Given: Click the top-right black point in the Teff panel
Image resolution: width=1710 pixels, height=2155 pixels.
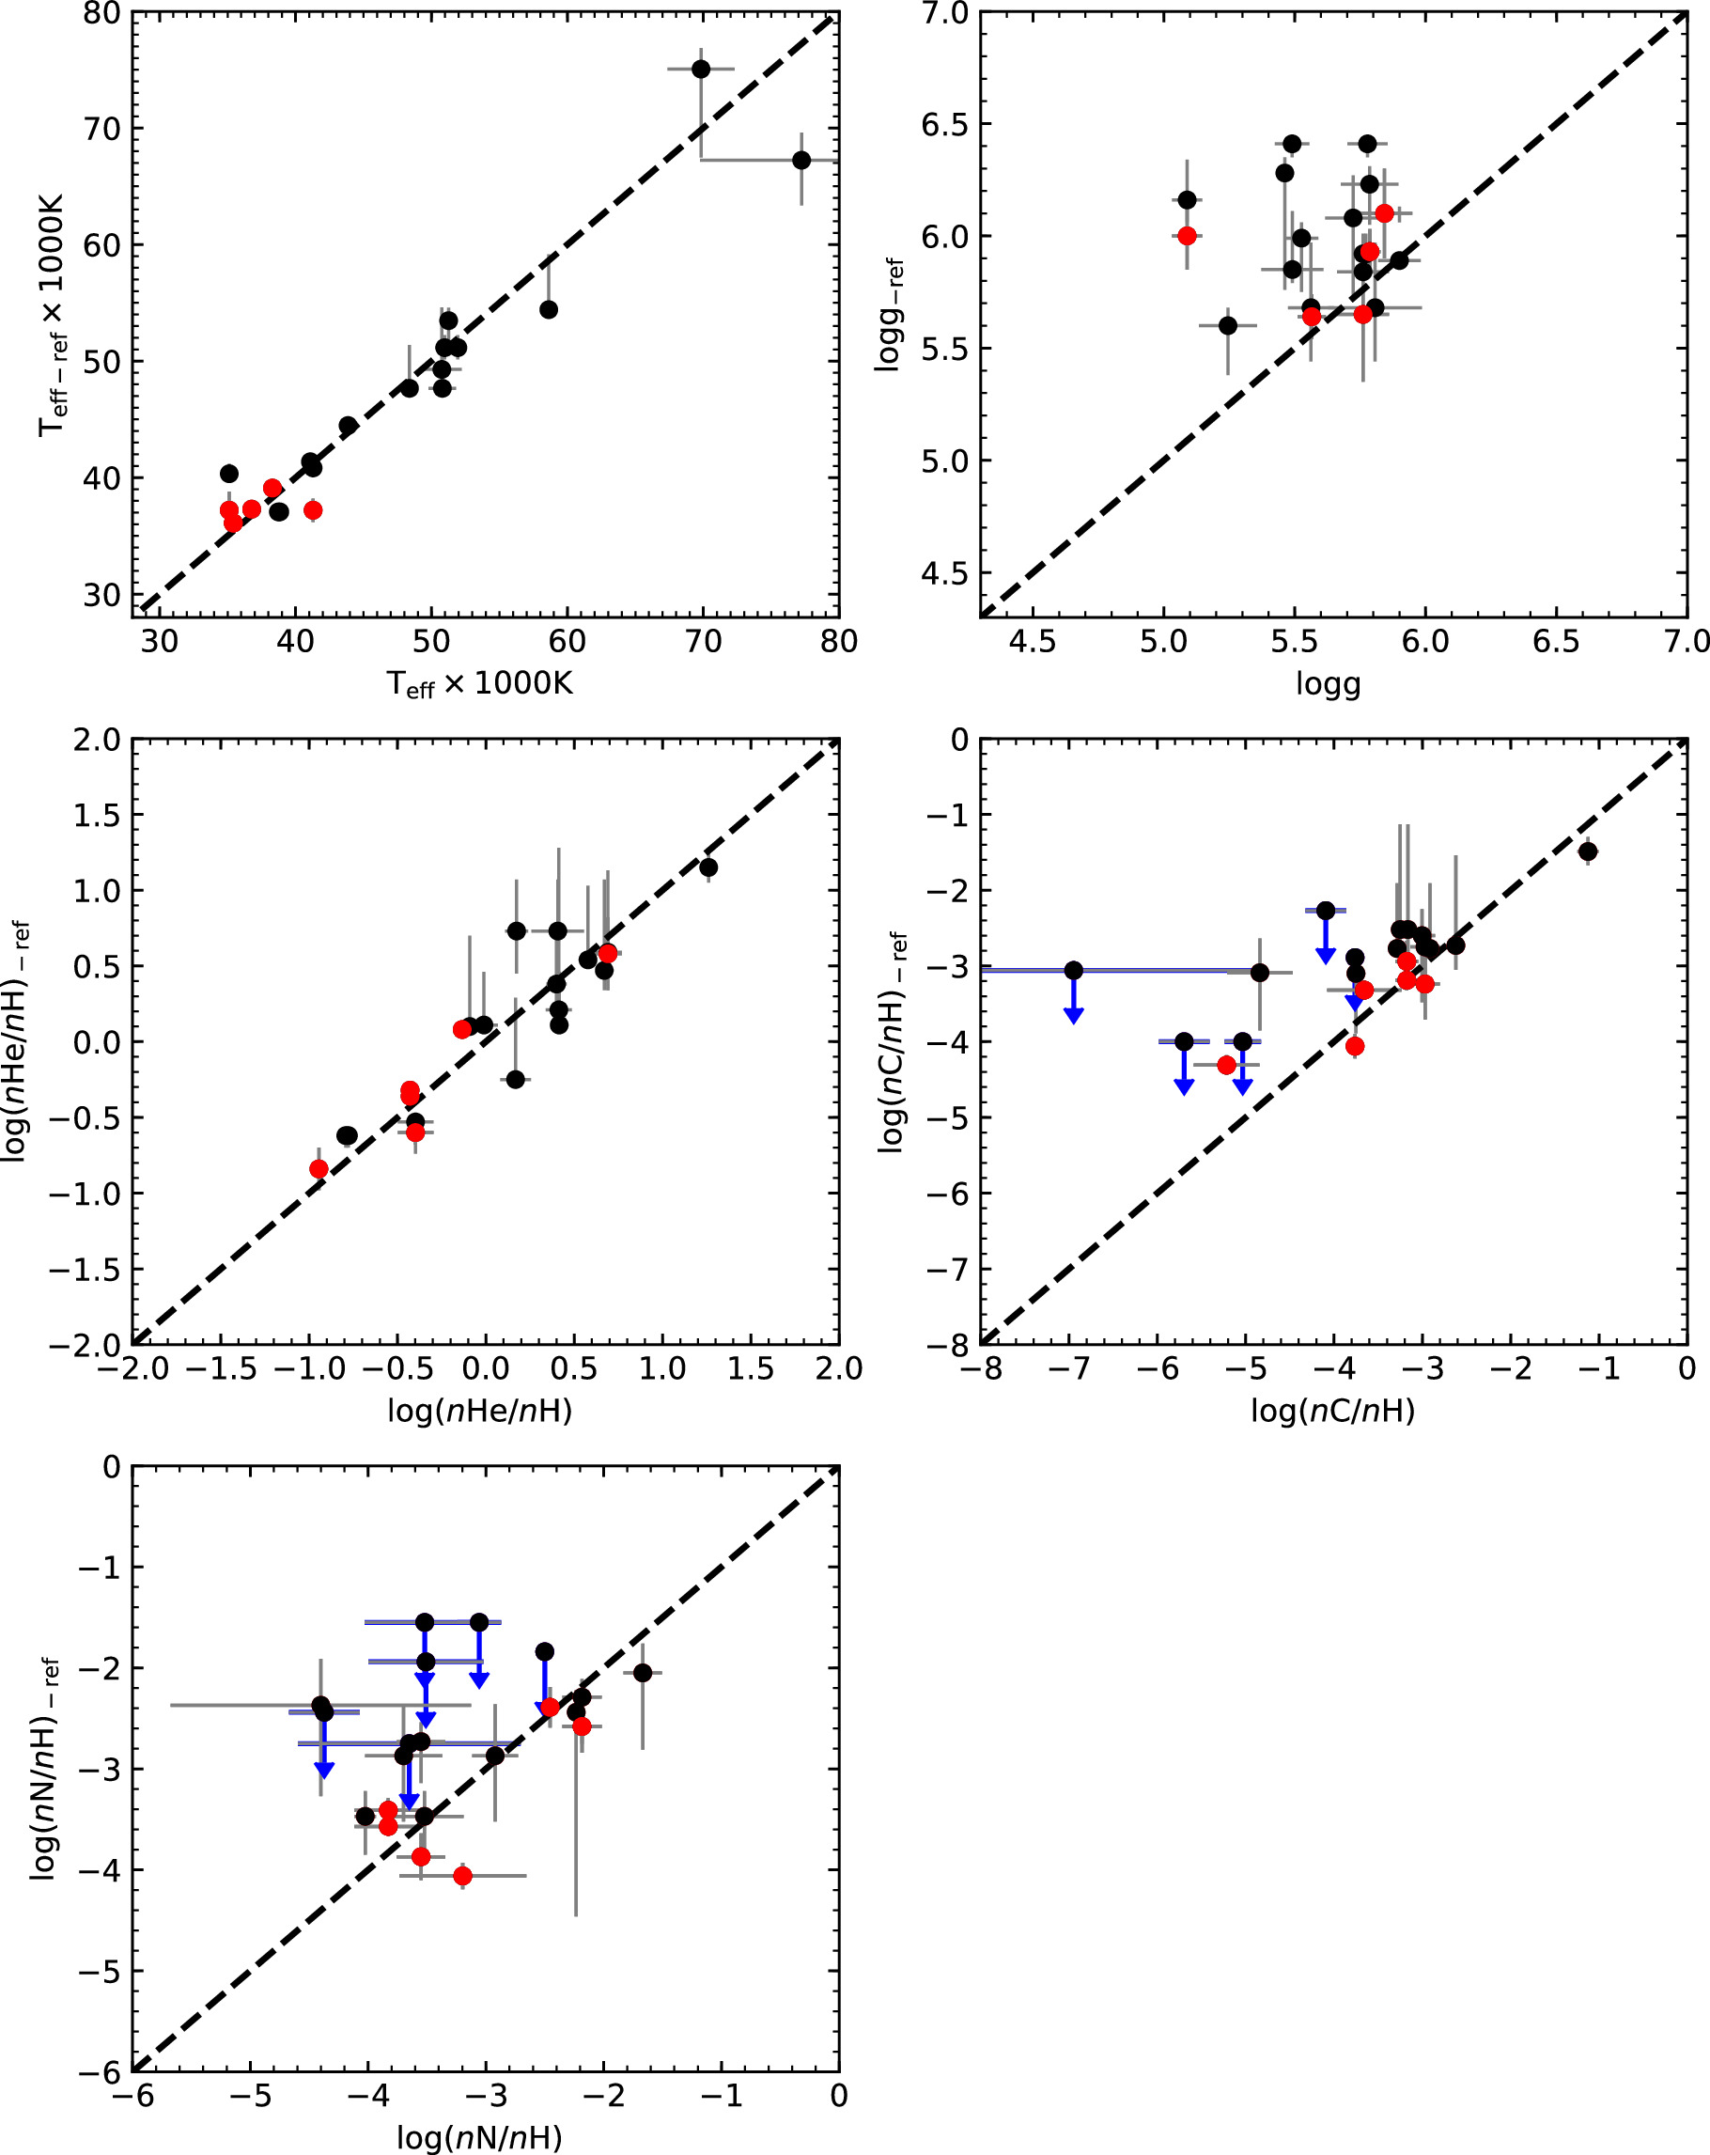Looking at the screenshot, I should pyautogui.click(x=701, y=69).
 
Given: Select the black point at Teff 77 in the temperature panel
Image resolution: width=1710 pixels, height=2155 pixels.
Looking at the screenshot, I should pyautogui.click(x=801, y=160).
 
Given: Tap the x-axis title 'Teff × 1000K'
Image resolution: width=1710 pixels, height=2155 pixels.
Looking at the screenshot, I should pyautogui.click(x=480, y=685).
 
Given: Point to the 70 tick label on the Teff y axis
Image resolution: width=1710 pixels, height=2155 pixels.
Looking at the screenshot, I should pyautogui.click(x=100, y=129).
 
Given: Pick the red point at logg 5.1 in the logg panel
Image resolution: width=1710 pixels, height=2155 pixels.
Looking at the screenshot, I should pyautogui.click(x=1187, y=236).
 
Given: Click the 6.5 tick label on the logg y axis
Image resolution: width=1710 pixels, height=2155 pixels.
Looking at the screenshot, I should pyautogui.click(x=945, y=125).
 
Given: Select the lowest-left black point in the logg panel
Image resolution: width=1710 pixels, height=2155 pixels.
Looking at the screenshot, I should pyautogui.click(x=1228, y=326).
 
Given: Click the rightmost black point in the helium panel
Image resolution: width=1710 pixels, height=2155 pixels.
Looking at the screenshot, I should pyautogui.click(x=708, y=867).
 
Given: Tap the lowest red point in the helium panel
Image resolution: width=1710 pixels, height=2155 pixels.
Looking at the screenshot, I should pyautogui.click(x=319, y=1168).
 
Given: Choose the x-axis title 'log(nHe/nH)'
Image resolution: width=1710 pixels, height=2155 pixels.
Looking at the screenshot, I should pyautogui.click(x=480, y=1411).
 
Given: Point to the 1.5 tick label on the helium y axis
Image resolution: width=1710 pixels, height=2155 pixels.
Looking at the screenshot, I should pyautogui.click(x=96, y=816).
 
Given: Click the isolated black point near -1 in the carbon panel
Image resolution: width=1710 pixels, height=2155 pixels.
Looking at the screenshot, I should pyautogui.click(x=1588, y=851).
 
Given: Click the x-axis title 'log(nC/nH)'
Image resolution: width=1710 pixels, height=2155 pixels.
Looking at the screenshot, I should pyautogui.click(x=1332, y=1411).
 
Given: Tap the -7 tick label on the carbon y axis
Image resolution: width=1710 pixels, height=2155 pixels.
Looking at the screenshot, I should pyautogui.click(x=946, y=1270).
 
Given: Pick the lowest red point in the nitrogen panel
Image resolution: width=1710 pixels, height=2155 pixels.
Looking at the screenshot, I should pyautogui.click(x=461, y=1876).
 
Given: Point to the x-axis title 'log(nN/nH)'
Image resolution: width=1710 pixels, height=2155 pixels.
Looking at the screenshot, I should pyautogui.click(x=480, y=2138).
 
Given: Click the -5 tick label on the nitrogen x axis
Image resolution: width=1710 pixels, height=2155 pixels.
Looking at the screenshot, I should pyautogui.click(x=250, y=2095).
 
